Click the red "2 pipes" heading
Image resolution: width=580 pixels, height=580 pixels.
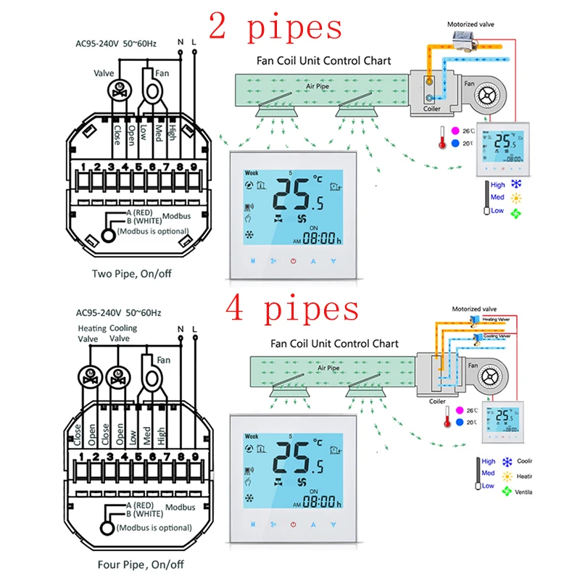coord(275,27)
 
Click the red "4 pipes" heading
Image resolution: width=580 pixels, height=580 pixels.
coord(291,307)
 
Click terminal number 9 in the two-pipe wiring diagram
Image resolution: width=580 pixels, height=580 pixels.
coord(194,167)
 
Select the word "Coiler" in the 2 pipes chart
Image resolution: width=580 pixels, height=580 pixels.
coord(432,109)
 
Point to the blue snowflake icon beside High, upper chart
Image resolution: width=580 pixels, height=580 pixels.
coord(517,185)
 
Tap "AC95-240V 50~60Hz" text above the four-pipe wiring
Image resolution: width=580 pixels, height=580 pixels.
coord(119,313)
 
